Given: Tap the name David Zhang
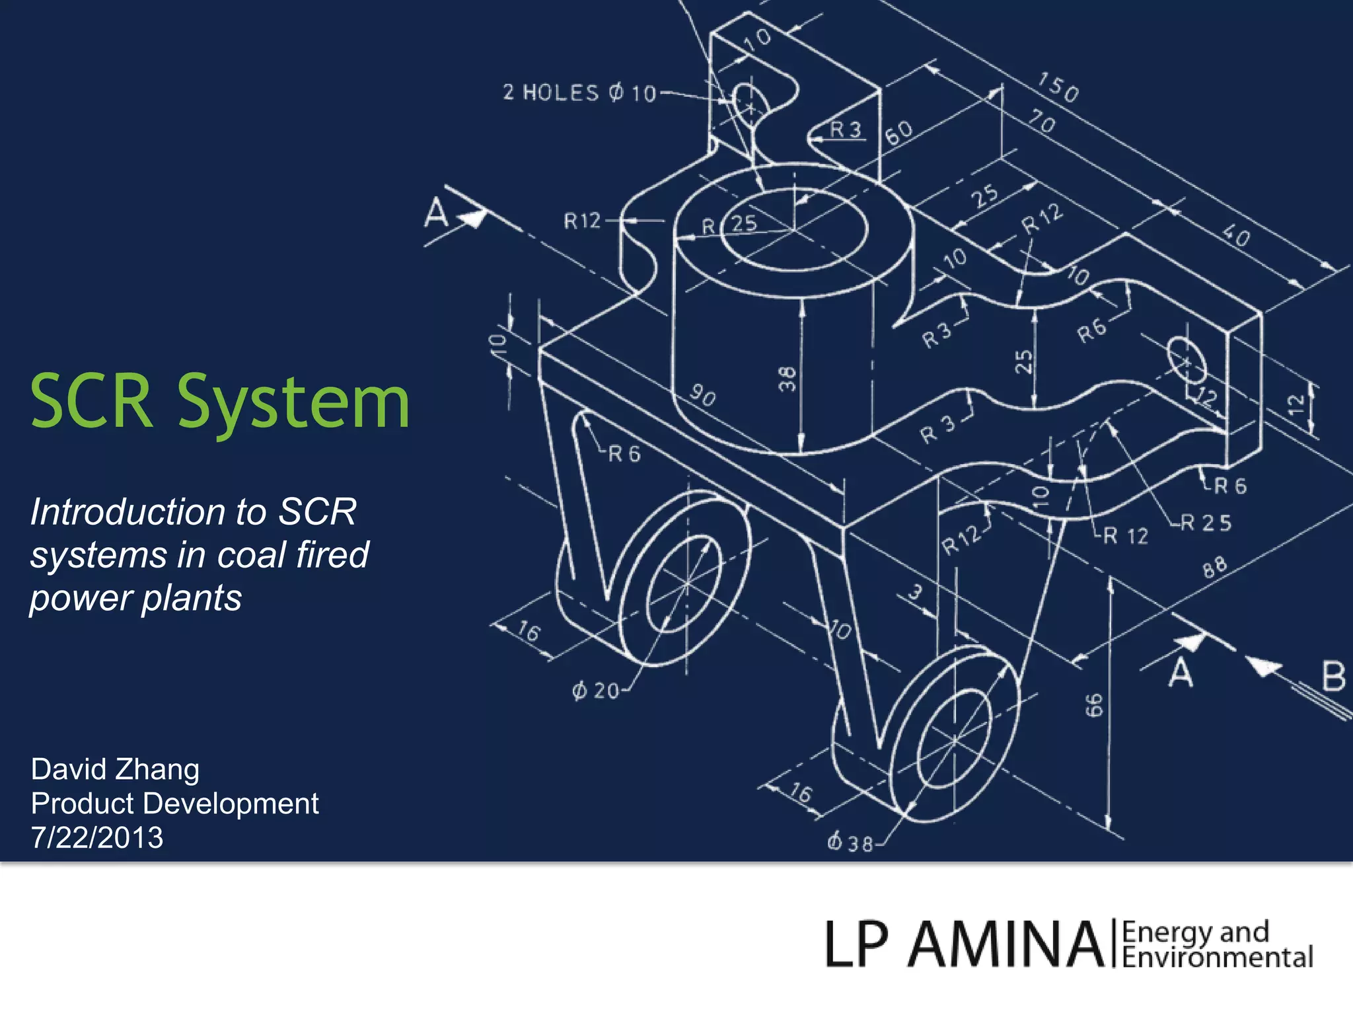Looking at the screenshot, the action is tap(115, 769).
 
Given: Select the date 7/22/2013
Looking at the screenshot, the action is tap(97, 838).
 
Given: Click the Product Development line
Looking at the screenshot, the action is tap(174, 804).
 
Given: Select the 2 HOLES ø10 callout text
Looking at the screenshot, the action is tap(579, 93).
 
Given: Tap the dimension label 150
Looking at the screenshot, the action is tap(1058, 87).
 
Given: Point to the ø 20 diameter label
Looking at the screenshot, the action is tap(595, 691).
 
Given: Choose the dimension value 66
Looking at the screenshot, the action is tap(1095, 705).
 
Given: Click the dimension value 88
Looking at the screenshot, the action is tap(1214, 567).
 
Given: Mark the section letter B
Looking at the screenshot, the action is tap(1333, 677).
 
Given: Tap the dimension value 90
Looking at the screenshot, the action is tap(702, 395).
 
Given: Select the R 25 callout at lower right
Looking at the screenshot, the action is tap(1206, 523).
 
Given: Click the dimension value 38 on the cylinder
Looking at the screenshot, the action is tap(787, 379).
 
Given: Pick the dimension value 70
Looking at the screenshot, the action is tap(1042, 122).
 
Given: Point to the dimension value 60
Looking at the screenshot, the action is tap(899, 132).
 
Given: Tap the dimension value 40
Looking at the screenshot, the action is tap(1235, 235).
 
